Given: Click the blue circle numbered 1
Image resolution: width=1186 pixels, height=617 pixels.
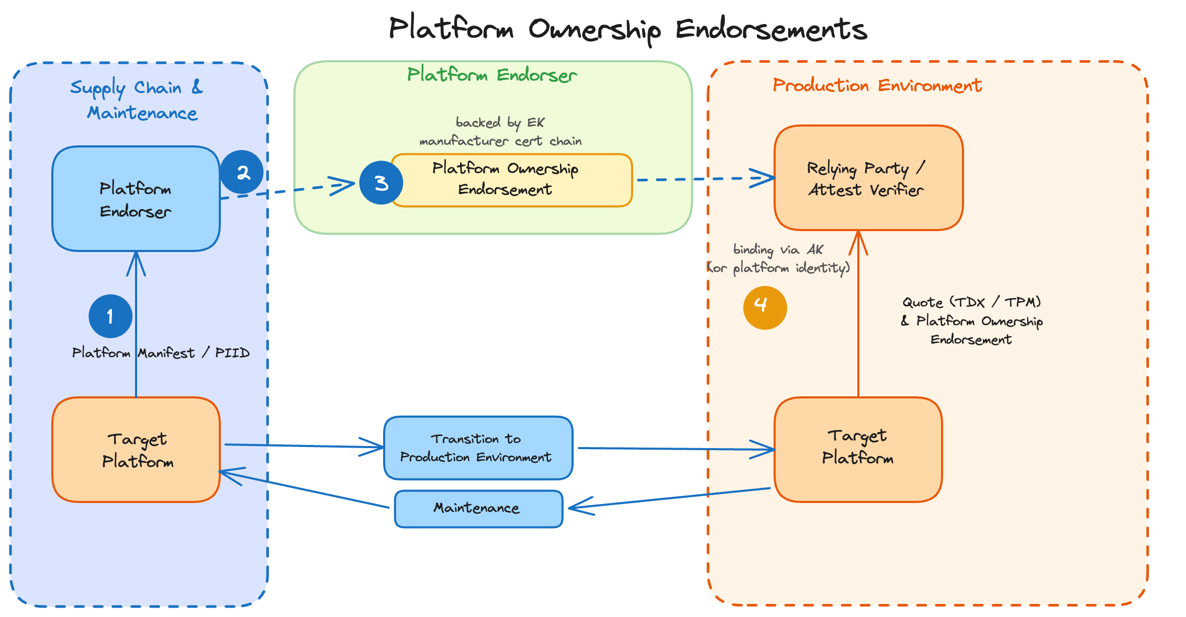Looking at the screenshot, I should click(110, 316).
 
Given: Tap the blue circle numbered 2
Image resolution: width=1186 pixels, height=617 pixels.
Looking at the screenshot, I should click(241, 172).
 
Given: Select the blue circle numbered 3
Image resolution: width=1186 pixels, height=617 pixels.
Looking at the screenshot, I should click(381, 183).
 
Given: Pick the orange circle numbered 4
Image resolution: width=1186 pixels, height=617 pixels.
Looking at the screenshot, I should click(765, 307).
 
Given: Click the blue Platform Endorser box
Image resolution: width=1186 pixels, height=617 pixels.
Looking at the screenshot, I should click(136, 199).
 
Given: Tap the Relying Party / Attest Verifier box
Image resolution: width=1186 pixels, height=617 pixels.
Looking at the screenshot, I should click(868, 178).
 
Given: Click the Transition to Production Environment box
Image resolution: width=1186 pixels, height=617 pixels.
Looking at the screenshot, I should click(478, 448).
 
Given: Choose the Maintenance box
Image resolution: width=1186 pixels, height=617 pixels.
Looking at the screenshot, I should click(478, 508).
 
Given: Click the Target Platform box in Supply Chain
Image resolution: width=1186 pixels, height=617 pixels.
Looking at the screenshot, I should click(136, 450).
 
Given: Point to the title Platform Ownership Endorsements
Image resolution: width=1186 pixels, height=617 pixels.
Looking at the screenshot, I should click(628, 29).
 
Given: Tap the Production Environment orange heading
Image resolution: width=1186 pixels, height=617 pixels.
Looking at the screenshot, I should click(877, 85).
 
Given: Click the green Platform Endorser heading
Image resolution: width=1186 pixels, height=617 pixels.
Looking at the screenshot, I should click(492, 75).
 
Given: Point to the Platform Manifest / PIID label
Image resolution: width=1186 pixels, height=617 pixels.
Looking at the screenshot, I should click(161, 353).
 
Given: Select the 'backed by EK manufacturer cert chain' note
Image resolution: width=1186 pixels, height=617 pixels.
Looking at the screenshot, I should click(500, 131).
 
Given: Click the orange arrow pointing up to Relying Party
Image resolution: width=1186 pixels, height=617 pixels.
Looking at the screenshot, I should click(858, 314).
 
